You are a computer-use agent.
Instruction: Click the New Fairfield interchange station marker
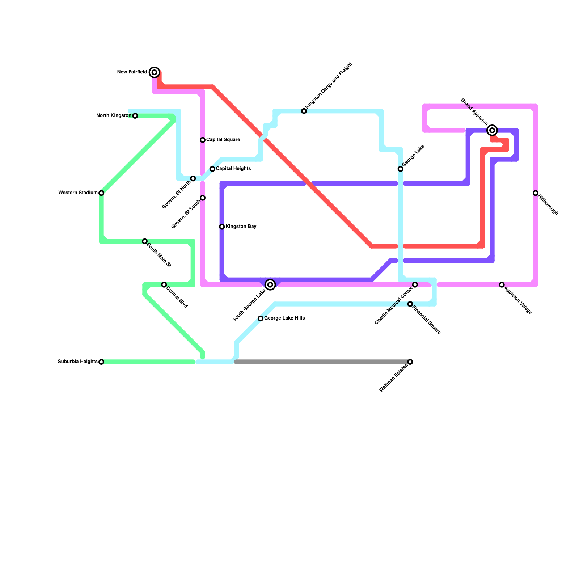click(x=155, y=72)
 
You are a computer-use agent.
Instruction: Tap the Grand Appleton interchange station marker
click(x=492, y=130)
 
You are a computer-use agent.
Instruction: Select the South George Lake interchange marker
click(x=270, y=285)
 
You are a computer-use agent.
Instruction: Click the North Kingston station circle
click(x=135, y=116)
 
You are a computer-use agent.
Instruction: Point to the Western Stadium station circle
click(x=101, y=193)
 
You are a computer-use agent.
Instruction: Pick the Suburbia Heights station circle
click(x=101, y=362)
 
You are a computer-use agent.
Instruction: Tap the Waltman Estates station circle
click(x=410, y=362)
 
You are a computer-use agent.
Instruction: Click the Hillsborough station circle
click(x=536, y=193)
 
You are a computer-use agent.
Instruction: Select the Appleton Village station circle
click(x=502, y=285)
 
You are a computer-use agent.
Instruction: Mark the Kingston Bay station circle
click(x=222, y=227)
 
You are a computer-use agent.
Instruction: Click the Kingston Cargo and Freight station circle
click(x=304, y=111)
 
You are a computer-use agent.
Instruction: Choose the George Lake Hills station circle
click(x=261, y=318)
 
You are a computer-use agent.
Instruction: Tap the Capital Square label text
click(x=223, y=140)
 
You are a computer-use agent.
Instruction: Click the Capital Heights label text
click(x=233, y=169)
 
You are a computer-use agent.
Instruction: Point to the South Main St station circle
click(x=145, y=241)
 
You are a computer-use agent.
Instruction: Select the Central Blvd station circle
click(x=164, y=285)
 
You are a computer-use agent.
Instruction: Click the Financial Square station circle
click(x=410, y=304)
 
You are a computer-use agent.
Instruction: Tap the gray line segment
click(x=322, y=362)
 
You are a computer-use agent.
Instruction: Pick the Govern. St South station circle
click(x=203, y=198)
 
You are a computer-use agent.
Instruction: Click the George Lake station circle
click(x=400, y=169)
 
